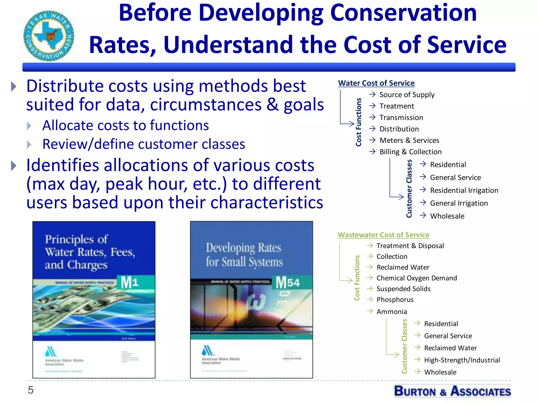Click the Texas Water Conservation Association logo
(49, 36)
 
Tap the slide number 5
(31, 390)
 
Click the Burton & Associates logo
(452, 391)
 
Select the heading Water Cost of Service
(376, 83)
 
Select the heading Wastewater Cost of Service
(384, 235)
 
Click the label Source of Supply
(407, 95)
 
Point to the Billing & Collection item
(410, 152)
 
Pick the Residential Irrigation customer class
(464, 190)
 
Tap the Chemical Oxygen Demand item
(417, 278)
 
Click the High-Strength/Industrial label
(462, 360)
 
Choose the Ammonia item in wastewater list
(392, 312)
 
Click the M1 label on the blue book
(130, 283)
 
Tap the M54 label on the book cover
(288, 283)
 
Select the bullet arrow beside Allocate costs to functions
(29, 126)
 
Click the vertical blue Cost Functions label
(359, 122)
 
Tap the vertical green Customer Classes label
(404, 346)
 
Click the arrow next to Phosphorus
(370, 299)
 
